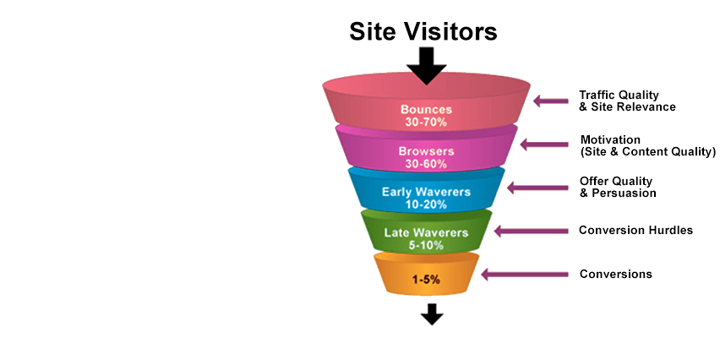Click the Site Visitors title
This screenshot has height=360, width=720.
click(x=423, y=32)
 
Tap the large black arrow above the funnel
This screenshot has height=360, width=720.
click(x=427, y=65)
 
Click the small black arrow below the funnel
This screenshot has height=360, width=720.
click(x=433, y=314)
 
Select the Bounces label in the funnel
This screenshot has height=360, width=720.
click(x=426, y=110)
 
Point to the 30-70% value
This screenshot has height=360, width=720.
click(x=426, y=123)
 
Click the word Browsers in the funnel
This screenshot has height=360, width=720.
click(x=426, y=151)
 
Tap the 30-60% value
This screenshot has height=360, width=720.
click(x=426, y=163)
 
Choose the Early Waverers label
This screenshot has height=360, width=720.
click(x=426, y=192)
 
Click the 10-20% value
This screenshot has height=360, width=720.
click(x=426, y=204)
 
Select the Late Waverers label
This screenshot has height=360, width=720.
click(x=426, y=232)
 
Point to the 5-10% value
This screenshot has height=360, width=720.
click(x=426, y=245)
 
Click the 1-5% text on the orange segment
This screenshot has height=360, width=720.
click(x=426, y=280)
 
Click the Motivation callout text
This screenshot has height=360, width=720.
click(x=647, y=145)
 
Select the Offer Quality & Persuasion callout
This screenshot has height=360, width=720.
click(x=618, y=187)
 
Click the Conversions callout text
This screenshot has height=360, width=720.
click(x=615, y=274)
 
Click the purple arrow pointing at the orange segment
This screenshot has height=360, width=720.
click(x=523, y=273)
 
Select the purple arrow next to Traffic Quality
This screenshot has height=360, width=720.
click(x=551, y=101)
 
